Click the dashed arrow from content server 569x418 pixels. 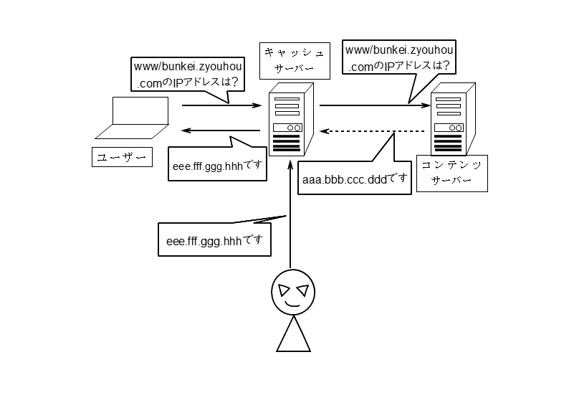point(373,131)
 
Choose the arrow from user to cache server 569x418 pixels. point(221,105)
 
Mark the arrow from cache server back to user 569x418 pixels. point(221,130)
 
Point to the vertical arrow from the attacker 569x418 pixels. point(290,214)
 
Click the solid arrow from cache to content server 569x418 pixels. point(375,105)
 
